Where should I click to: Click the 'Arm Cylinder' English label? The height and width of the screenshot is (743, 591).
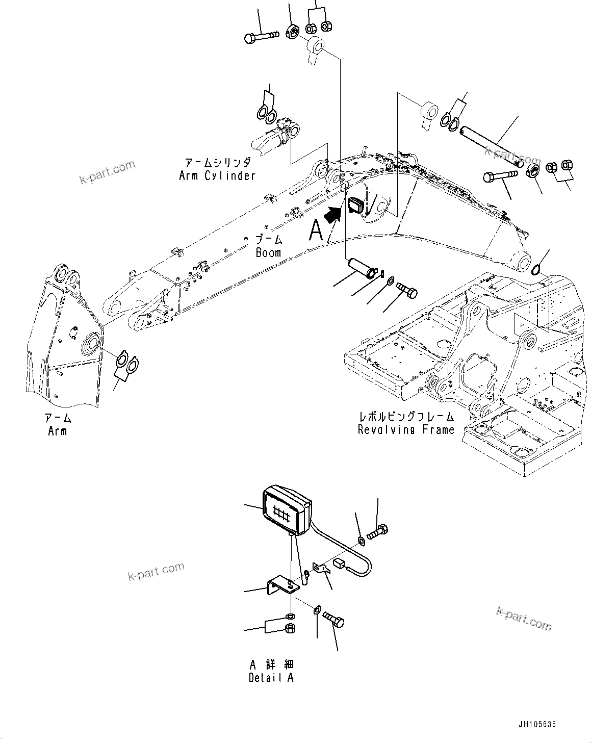[217, 176]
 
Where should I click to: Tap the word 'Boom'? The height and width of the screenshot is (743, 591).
[268, 253]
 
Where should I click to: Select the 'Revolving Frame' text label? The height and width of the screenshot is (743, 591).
[406, 429]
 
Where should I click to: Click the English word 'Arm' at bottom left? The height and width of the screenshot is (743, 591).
[58, 431]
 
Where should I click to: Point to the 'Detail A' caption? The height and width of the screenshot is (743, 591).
[271, 678]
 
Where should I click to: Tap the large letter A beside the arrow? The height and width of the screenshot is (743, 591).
[316, 232]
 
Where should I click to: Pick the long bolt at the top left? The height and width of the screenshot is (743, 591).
[262, 37]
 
